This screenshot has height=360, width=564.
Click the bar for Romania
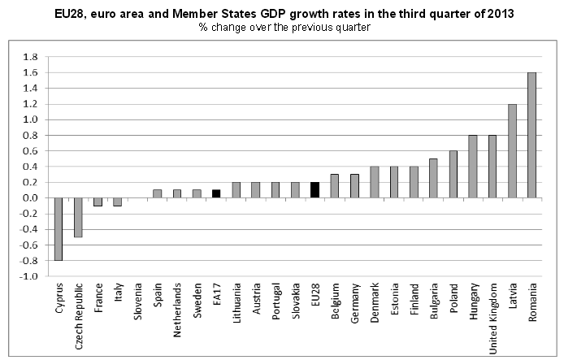point(531,135)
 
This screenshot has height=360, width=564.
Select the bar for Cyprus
point(59,229)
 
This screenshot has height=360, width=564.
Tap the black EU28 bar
point(315,190)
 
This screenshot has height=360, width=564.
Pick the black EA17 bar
point(216,194)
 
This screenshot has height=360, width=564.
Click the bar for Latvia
point(512,150)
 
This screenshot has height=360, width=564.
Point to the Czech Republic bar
point(78,217)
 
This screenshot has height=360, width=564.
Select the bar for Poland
point(453,174)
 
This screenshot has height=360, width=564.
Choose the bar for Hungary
point(472,167)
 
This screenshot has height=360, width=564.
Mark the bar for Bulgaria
point(433,178)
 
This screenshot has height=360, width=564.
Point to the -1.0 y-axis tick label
point(30,276)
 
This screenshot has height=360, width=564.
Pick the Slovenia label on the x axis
point(137,300)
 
